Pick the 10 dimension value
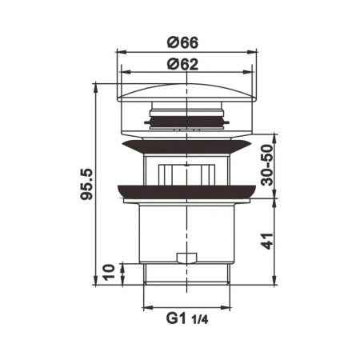pyautogui.click(x=110, y=272)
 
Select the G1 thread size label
pyautogui.click(x=178, y=318)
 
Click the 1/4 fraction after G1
pyautogui.click(x=201, y=320)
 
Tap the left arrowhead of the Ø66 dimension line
pyautogui.click(x=121, y=53)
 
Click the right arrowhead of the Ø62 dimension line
pyautogui.click(x=249, y=74)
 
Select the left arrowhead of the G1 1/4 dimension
pyautogui.click(x=145, y=307)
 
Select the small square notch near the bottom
pyautogui.click(x=186, y=258)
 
